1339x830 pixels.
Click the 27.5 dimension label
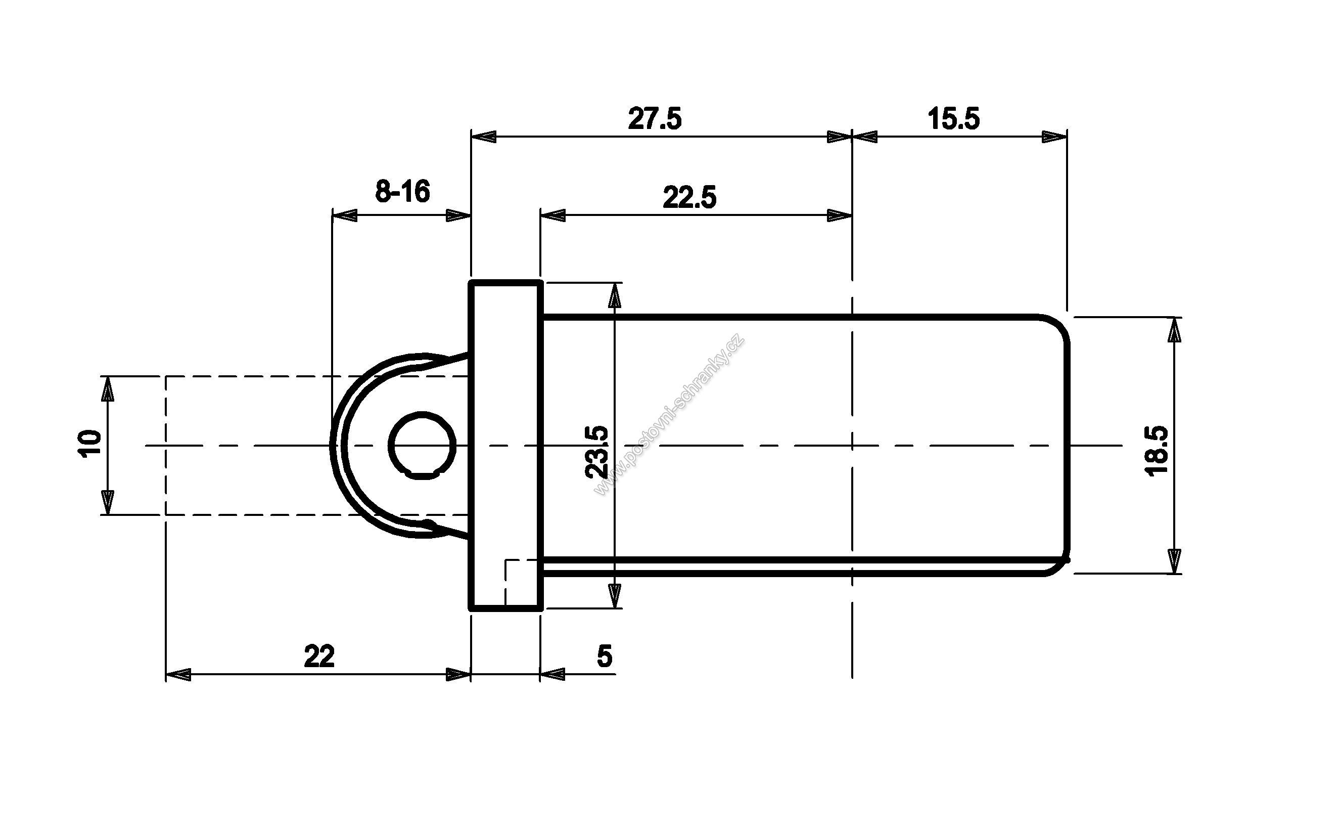pyautogui.click(x=655, y=119)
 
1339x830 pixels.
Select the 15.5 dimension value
pyautogui.click(x=954, y=119)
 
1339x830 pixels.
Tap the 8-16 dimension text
pyautogui.click(x=403, y=192)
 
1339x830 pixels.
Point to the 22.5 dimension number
pyautogui.click(x=689, y=198)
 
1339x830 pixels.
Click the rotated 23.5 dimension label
pyautogui.click(x=597, y=452)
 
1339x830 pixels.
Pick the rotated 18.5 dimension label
pyautogui.click(x=1158, y=451)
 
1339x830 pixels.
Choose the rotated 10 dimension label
pyautogui.click(x=90, y=444)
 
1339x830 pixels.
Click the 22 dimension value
pyautogui.click(x=319, y=656)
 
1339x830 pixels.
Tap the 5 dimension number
pyautogui.click(x=604, y=656)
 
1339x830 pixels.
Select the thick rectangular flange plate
pyautogui.click(x=505, y=445)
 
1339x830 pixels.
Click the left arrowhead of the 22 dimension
pyautogui.click(x=178, y=674)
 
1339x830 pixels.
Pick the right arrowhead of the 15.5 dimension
pyautogui.click(x=1054, y=137)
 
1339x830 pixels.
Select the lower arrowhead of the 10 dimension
pyautogui.click(x=108, y=502)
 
